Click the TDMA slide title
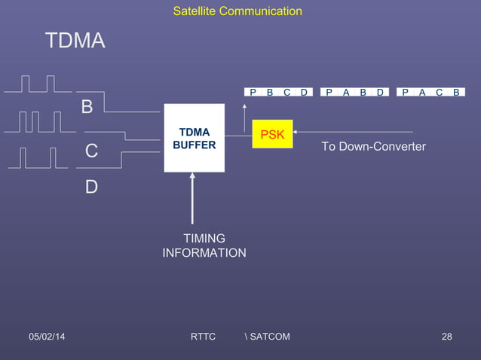point(75,41)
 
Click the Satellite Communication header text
point(237,11)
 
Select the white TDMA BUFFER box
point(195,138)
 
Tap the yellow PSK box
point(272,134)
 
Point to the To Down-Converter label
point(373,146)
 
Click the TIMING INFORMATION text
point(204,246)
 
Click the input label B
point(87,108)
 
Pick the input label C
point(90,151)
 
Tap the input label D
point(90,186)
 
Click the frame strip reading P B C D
point(279,93)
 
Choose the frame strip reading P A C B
point(430,93)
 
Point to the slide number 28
point(446,336)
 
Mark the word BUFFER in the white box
point(195,145)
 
